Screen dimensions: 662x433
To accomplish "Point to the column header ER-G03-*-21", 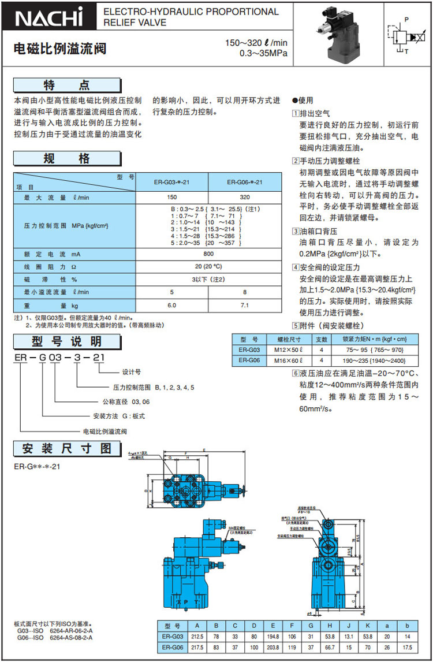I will [x=172, y=182].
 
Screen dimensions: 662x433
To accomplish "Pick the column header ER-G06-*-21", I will [x=245, y=182].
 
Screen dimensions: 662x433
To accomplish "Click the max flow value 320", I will [x=245, y=198].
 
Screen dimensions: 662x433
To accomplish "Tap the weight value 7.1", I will [x=245, y=305].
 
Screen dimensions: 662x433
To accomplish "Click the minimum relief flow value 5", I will [x=172, y=292].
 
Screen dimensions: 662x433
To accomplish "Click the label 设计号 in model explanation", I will [x=132, y=372].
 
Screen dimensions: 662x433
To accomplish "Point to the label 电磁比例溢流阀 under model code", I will [x=105, y=431].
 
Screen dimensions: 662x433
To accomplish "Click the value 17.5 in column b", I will [x=408, y=648].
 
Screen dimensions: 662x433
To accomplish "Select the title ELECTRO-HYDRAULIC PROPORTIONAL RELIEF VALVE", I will [x=191, y=17].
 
